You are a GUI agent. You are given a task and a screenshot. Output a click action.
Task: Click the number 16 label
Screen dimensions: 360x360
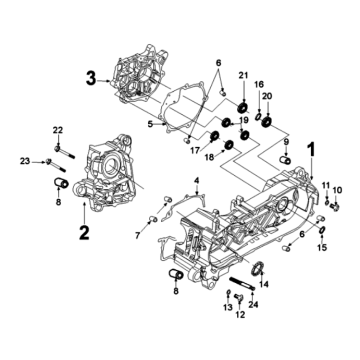click(258, 86)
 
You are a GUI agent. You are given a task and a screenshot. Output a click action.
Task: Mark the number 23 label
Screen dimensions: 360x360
click(24, 160)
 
